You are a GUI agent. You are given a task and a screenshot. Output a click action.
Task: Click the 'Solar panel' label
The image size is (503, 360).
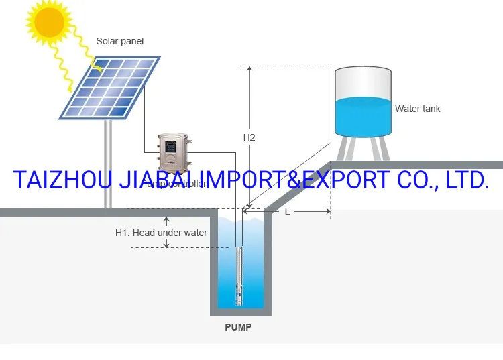tap(120, 42)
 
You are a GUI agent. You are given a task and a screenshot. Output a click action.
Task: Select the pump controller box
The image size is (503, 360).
tap(173, 152)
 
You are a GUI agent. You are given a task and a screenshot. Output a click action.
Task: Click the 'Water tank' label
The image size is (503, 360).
tap(417, 109)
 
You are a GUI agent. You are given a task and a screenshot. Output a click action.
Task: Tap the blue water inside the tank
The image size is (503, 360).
tap(362, 118)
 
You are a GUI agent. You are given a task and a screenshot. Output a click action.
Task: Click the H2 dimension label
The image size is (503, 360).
tap(249, 137)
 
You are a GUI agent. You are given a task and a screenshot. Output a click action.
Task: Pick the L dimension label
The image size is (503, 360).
tap(287, 211)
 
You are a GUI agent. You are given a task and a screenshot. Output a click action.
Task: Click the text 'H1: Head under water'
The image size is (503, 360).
tap(161, 233)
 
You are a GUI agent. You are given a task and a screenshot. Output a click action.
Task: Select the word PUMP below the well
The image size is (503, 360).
tap(239, 328)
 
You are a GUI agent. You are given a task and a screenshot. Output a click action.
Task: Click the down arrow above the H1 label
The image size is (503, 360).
tap(166, 220)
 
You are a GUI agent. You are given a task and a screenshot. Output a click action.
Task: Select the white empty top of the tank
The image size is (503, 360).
tap(362, 82)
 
